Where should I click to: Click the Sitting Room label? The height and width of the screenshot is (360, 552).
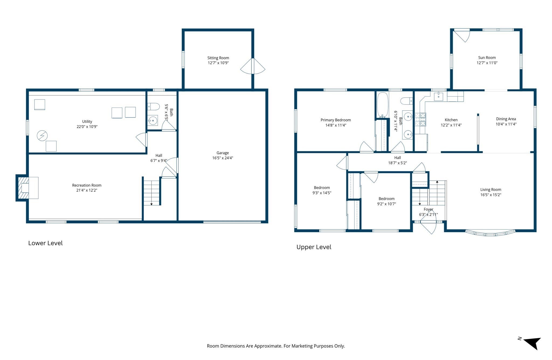tap(218, 58)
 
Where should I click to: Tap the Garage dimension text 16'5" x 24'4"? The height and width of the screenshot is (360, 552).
tap(222, 158)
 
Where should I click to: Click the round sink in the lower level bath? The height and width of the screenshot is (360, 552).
tap(153, 120)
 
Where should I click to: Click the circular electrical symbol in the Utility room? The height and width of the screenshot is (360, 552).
tap(42, 136)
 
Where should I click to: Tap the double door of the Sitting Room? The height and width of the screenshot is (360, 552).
tap(253, 66)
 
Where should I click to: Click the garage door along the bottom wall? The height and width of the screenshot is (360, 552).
tap(232, 222)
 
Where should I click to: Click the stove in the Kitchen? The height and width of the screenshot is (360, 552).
tap(420, 119)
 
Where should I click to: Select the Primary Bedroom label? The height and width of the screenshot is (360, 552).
tap(336, 120)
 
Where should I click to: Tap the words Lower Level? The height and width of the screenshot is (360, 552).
tap(45, 243)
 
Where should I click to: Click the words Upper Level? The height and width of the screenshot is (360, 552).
tap(314, 247)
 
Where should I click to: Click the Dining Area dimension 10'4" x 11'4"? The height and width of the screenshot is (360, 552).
tap(506, 124)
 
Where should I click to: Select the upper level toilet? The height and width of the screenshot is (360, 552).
tap(406, 101)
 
